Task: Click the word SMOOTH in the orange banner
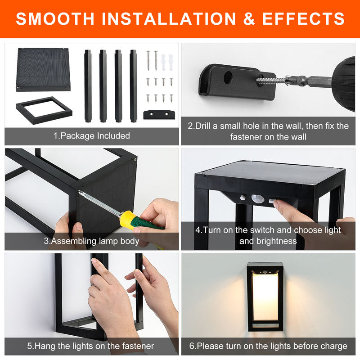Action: click(55, 18)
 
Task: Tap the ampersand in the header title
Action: click(249, 18)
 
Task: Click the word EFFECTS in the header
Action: click(303, 18)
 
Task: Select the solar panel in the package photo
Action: click(43, 70)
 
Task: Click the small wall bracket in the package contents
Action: click(159, 115)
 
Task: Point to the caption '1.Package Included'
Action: click(92, 136)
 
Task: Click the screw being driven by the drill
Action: click(271, 81)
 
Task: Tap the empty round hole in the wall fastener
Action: click(228, 77)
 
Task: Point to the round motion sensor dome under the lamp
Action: click(256, 198)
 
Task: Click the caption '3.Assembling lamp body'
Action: click(91, 241)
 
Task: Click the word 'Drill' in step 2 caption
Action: click(203, 126)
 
